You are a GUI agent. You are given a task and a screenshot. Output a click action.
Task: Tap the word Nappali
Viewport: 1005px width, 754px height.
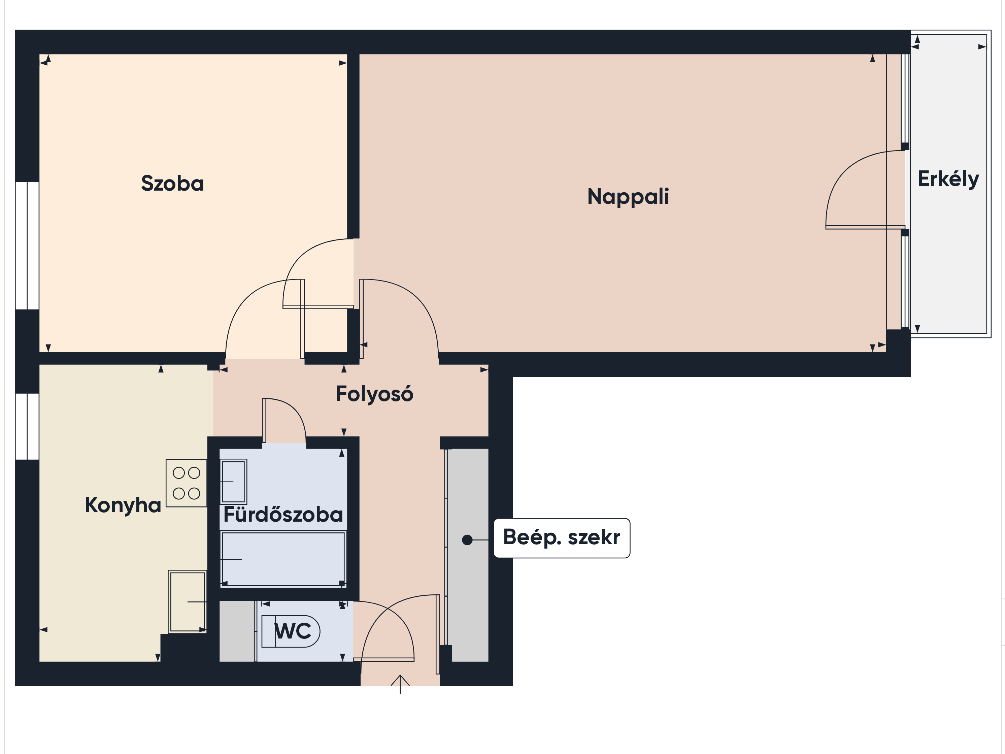click(x=628, y=197)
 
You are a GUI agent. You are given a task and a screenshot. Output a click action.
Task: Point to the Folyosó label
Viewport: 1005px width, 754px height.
click(x=374, y=394)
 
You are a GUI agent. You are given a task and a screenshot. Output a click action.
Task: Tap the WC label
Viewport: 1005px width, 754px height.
click(x=293, y=631)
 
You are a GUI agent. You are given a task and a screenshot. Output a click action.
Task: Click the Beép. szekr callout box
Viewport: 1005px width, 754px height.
click(x=562, y=538)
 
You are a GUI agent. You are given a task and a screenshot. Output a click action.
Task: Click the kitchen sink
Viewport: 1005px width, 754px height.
click(x=187, y=601)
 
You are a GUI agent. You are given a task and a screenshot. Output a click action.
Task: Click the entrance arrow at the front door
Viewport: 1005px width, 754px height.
click(x=400, y=684)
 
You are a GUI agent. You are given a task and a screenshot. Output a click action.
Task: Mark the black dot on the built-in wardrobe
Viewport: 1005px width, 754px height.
click(x=467, y=540)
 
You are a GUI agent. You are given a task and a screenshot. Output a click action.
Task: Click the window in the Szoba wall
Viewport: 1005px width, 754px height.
click(x=27, y=246)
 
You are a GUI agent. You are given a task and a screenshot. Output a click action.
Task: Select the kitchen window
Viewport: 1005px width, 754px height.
click(x=27, y=426)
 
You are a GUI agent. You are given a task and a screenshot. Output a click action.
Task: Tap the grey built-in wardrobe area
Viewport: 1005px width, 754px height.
click(x=468, y=555)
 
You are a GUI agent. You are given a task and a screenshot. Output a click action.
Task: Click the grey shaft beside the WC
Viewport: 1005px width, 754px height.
click(x=237, y=631)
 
